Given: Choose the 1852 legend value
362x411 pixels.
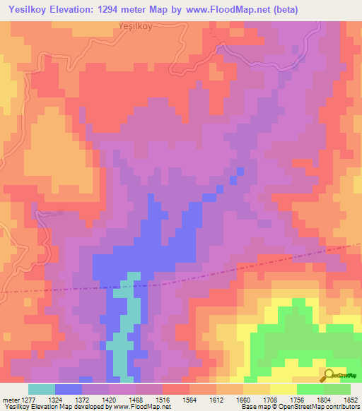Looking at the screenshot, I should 350,400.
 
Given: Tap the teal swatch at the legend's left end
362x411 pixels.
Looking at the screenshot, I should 41,389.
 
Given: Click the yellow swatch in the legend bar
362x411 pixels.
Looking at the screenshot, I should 283,389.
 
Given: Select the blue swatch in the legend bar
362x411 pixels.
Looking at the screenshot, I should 68,389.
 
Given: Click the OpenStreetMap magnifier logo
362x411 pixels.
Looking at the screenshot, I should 329,374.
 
